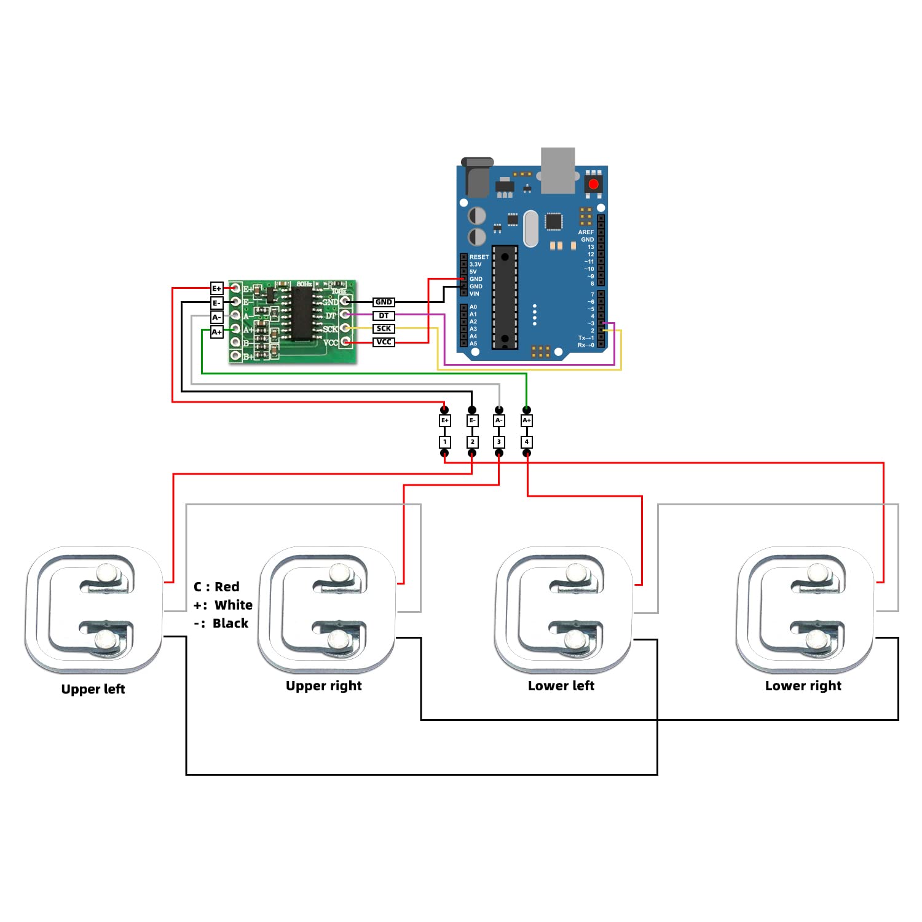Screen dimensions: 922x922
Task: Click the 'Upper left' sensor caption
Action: point(93,689)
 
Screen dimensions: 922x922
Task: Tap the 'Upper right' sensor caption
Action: point(323,686)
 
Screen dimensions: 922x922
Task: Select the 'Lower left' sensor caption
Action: point(561,686)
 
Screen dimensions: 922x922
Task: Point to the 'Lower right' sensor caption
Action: point(803,686)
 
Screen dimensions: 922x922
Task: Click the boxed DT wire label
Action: point(384,315)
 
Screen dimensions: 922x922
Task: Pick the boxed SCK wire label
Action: point(384,329)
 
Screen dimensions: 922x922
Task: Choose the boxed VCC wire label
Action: point(384,342)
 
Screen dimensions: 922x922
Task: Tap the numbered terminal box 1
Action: point(445,442)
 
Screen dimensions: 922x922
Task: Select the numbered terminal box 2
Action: point(472,442)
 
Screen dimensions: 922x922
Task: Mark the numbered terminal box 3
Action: point(499,442)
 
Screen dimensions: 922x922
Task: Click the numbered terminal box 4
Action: point(527,442)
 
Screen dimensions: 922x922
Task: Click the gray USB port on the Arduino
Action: point(558,169)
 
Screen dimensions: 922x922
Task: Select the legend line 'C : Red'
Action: point(216,587)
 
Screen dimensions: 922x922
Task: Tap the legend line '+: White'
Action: point(223,605)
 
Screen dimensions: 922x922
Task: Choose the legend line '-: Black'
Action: point(221,623)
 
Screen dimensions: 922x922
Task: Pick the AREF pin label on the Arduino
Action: point(586,232)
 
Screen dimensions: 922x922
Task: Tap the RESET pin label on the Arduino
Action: point(479,257)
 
